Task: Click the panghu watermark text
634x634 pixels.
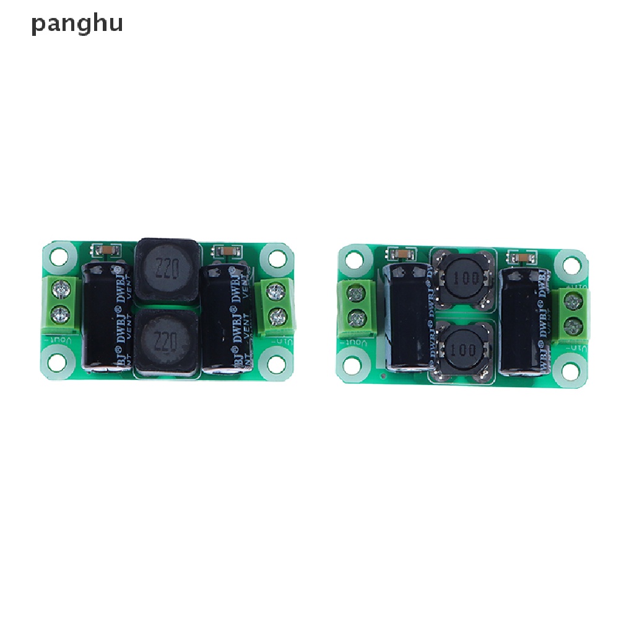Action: coord(77,24)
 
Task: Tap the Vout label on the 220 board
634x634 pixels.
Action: coord(57,341)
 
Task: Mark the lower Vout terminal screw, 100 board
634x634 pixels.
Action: coord(356,319)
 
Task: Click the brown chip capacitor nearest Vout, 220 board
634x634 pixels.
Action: coord(102,250)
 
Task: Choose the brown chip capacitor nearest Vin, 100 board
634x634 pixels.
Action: coord(519,256)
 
